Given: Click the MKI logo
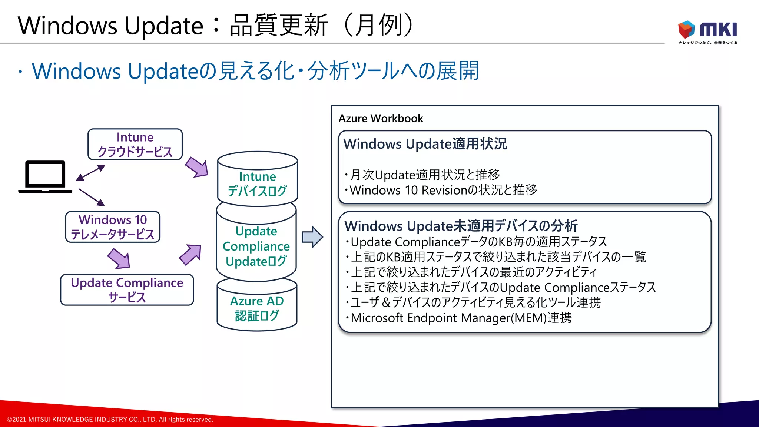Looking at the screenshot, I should pos(707,32).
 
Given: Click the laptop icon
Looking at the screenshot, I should pos(45,177).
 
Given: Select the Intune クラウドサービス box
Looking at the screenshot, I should pos(135,144).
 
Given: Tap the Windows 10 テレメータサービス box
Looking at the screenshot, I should pos(113,227).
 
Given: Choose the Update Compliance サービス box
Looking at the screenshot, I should pos(127,289).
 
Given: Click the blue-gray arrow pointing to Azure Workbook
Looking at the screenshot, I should pos(312,237).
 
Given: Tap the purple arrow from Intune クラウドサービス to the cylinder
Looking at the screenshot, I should pos(197,167).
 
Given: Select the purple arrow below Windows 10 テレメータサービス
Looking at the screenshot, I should pos(119,258).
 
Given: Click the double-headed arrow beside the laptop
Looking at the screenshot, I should pos(91,173).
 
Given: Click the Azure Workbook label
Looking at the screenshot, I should pos(381,118).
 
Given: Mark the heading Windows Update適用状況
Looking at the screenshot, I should pos(425,144).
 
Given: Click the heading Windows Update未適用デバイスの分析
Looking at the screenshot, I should pos(461,226).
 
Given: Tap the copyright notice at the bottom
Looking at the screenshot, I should pos(110,420).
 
